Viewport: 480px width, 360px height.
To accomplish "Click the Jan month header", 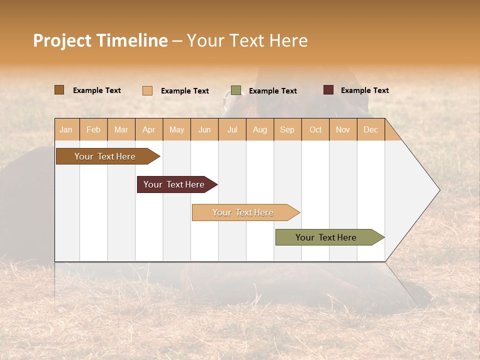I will point(66,129).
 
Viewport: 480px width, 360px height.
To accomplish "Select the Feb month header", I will point(93,129).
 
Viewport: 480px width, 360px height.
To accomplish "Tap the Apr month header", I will point(149,129).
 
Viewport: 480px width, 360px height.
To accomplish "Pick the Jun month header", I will point(204,129).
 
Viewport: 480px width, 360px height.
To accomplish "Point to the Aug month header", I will point(260,129).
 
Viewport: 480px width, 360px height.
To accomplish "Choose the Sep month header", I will point(287,129).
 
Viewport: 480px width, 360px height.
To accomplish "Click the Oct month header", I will point(315,129).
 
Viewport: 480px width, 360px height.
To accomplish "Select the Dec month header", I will point(371,129).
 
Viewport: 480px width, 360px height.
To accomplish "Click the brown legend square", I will point(59,90).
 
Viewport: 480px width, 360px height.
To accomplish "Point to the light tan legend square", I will point(147,90).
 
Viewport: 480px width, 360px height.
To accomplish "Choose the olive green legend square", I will point(236,90).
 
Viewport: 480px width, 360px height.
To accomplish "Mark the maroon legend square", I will point(328,90).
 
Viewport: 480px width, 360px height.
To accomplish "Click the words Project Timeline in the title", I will point(100,40).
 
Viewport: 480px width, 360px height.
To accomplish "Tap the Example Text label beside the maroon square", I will point(364,90).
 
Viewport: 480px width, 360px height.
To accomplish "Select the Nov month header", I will point(343,129).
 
